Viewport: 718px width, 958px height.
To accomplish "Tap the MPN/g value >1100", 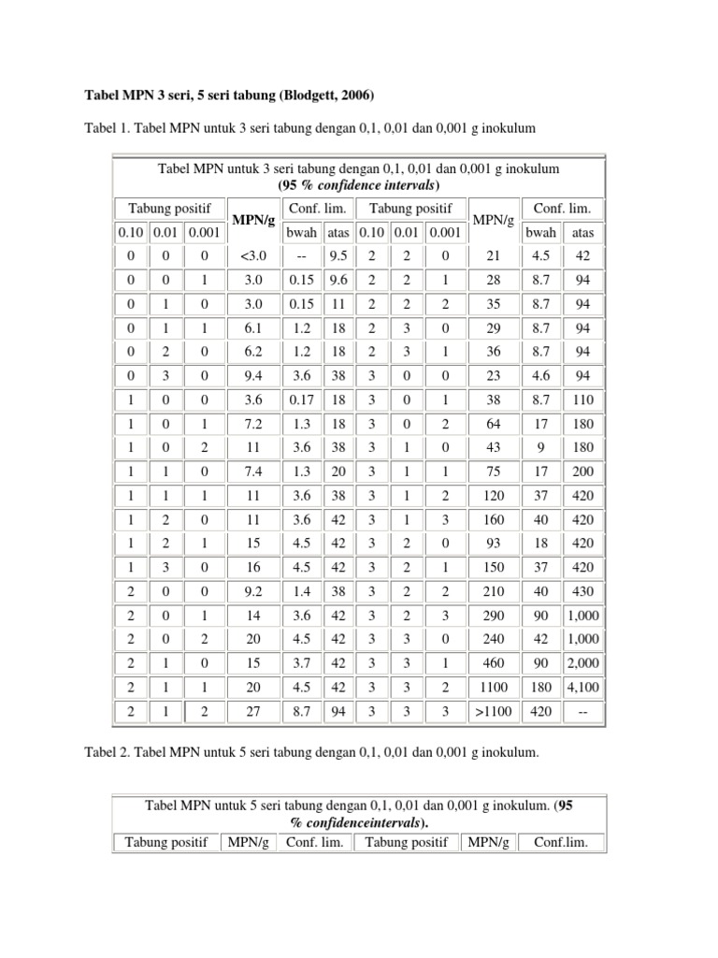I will [495, 711].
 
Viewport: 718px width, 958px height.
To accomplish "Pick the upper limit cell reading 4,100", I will [582, 686].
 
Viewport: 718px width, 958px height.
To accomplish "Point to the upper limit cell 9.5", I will [337, 256].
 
